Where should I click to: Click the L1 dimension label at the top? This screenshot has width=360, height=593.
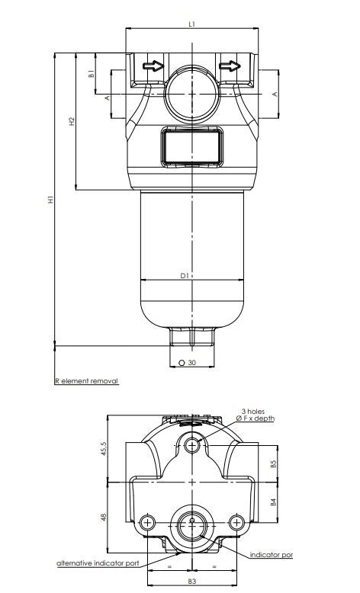(192, 24)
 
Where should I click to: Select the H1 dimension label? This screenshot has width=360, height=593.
(51, 200)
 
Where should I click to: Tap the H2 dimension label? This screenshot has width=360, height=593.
(71, 121)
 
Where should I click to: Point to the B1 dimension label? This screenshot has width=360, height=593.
(91, 74)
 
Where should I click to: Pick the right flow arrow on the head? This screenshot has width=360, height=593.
(230, 66)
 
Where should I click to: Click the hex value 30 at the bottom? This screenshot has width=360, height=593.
(191, 363)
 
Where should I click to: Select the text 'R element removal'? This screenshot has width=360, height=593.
(86, 380)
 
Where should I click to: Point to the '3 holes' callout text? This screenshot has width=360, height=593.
(252, 411)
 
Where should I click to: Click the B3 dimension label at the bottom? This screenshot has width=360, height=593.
(192, 582)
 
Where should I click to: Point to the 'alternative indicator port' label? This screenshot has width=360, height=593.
(98, 563)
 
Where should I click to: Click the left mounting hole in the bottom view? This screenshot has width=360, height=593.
(146, 521)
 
